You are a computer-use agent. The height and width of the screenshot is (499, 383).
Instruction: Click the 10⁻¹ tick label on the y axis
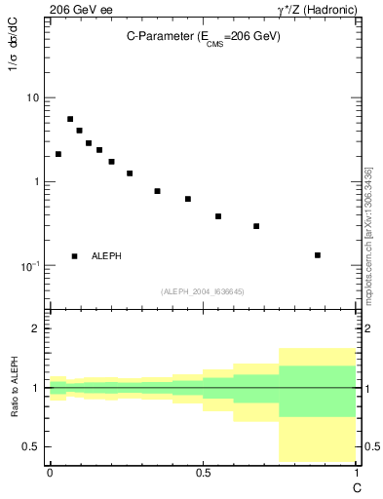tap(29, 265)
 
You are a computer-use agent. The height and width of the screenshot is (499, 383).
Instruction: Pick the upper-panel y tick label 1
tap(36, 182)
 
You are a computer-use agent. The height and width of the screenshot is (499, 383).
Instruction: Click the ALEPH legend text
tap(106, 256)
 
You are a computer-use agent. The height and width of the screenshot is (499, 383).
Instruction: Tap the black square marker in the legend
tap(74, 256)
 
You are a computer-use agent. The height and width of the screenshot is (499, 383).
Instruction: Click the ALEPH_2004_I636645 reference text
tap(202, 291)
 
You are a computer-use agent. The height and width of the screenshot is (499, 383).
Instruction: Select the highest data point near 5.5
tap(70, 119)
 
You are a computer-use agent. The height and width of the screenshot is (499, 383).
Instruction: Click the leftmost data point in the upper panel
tap(58, 154)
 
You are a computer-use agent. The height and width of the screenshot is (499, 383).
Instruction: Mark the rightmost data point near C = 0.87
tap(318, 255)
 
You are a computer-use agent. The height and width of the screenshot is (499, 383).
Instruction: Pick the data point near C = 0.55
tap(218, 216)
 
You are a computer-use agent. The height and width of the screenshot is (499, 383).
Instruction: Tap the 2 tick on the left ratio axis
tap(36, 328)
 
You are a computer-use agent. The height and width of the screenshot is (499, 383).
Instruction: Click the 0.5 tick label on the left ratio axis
tap(31, 447)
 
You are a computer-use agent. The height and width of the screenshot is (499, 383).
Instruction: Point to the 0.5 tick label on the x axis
tap(203, 471)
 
